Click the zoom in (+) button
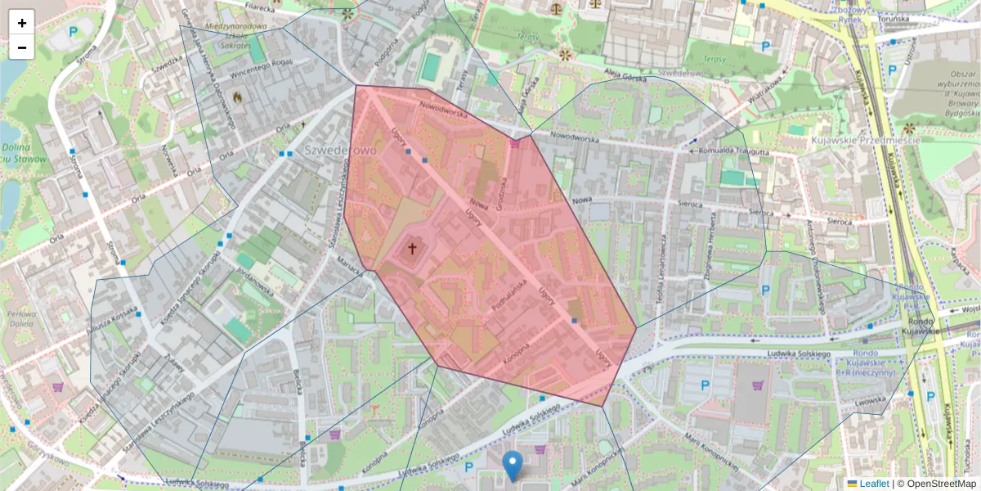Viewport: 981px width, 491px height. [x=22, y=23]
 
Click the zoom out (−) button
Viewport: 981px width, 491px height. [x=22, y=47]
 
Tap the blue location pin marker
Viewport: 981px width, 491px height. [x=513, y=465]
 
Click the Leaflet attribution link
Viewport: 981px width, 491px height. [x=874, y=484]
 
